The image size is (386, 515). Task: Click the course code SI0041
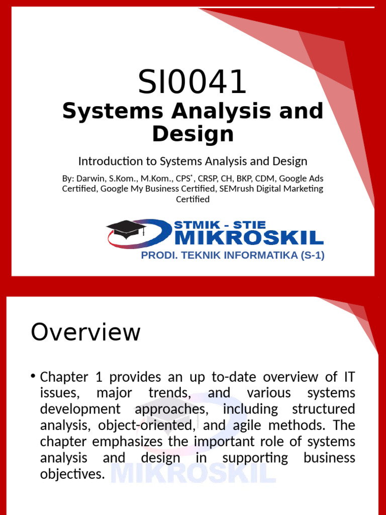click(192, 82)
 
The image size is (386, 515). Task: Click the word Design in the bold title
click(192, 134)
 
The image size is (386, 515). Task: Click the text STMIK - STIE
click(220, 225)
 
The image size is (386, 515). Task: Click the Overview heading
click(85, 332)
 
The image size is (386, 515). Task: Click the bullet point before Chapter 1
click(33, 376)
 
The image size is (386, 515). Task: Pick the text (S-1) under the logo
click(313, 255)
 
